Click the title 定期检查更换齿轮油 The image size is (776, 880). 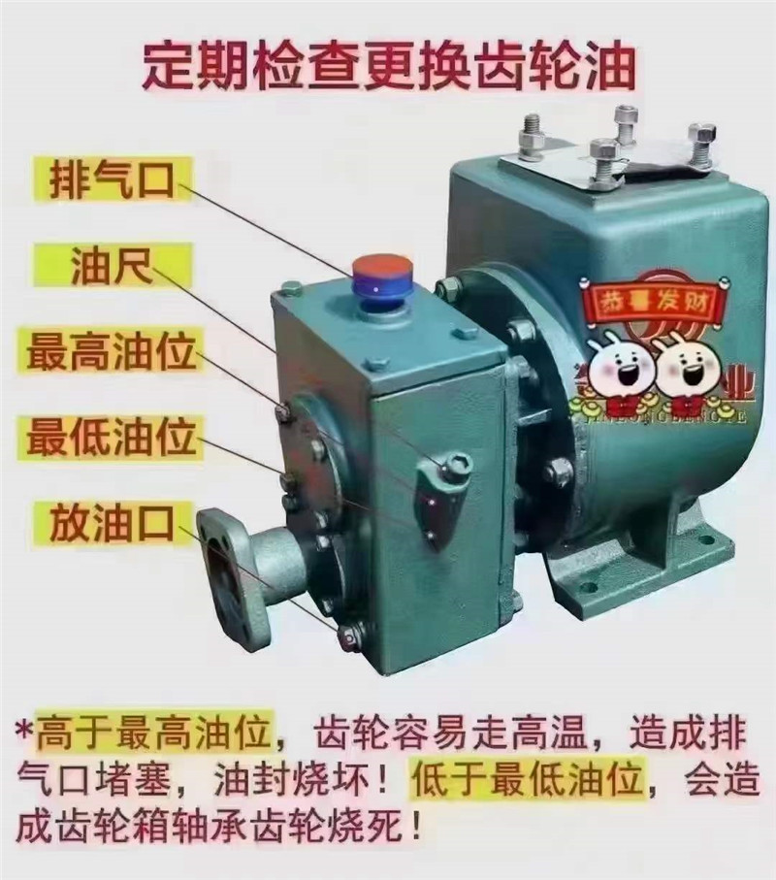click(388, 65)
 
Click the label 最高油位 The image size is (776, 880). click(112, 351)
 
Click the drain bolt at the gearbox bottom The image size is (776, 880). click(348, 636)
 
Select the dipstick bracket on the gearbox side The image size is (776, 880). click(441, 490)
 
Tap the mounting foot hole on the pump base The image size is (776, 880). click(588, 585)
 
